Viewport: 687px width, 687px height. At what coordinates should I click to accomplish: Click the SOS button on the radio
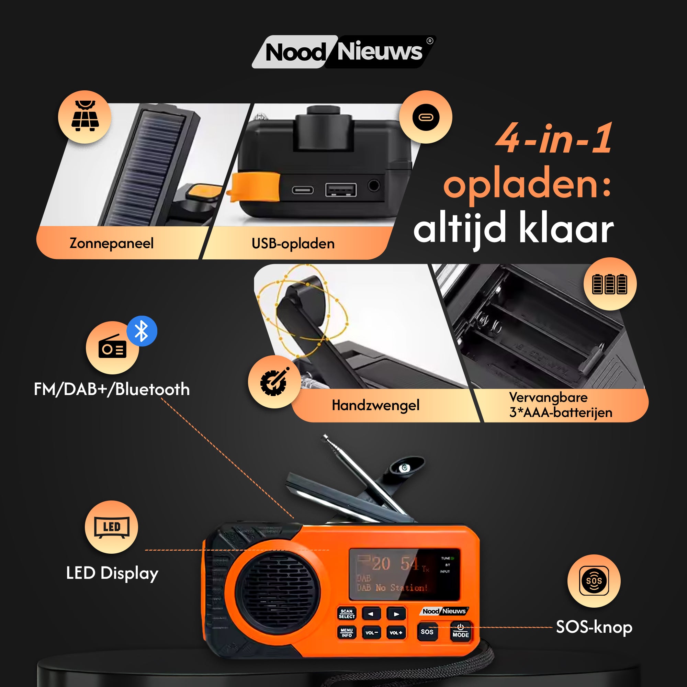pos(427,632)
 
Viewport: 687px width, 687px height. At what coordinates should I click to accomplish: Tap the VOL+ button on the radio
pos(396,633)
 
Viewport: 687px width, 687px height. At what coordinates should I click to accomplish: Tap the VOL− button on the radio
pos(371,633)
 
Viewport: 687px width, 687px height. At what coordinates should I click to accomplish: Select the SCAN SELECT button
pos(347,613)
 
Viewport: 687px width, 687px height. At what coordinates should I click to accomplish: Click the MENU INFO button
pos(347,632)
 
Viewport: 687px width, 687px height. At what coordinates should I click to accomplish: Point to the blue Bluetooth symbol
pos(142,331)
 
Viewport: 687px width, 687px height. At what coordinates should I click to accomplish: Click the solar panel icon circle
pos(85,117)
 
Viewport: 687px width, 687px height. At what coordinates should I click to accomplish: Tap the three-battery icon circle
pos(609,284)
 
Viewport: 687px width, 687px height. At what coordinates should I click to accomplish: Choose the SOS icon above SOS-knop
pos(594,581)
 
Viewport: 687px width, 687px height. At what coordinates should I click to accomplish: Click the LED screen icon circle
pos(111,527)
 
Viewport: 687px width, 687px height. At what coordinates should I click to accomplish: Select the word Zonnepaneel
pos(111,243)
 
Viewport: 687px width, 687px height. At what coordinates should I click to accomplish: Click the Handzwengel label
pos(375,405)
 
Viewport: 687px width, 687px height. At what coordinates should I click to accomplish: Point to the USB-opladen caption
pos(293,244)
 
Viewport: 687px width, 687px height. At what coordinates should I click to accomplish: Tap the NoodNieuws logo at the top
pos(343,52)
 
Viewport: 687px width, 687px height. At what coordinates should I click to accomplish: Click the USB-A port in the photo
pos(341,190)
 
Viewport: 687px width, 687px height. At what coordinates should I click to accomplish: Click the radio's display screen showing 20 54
pos(404,574)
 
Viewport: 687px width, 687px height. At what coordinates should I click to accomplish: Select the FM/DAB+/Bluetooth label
pos(112,389)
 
